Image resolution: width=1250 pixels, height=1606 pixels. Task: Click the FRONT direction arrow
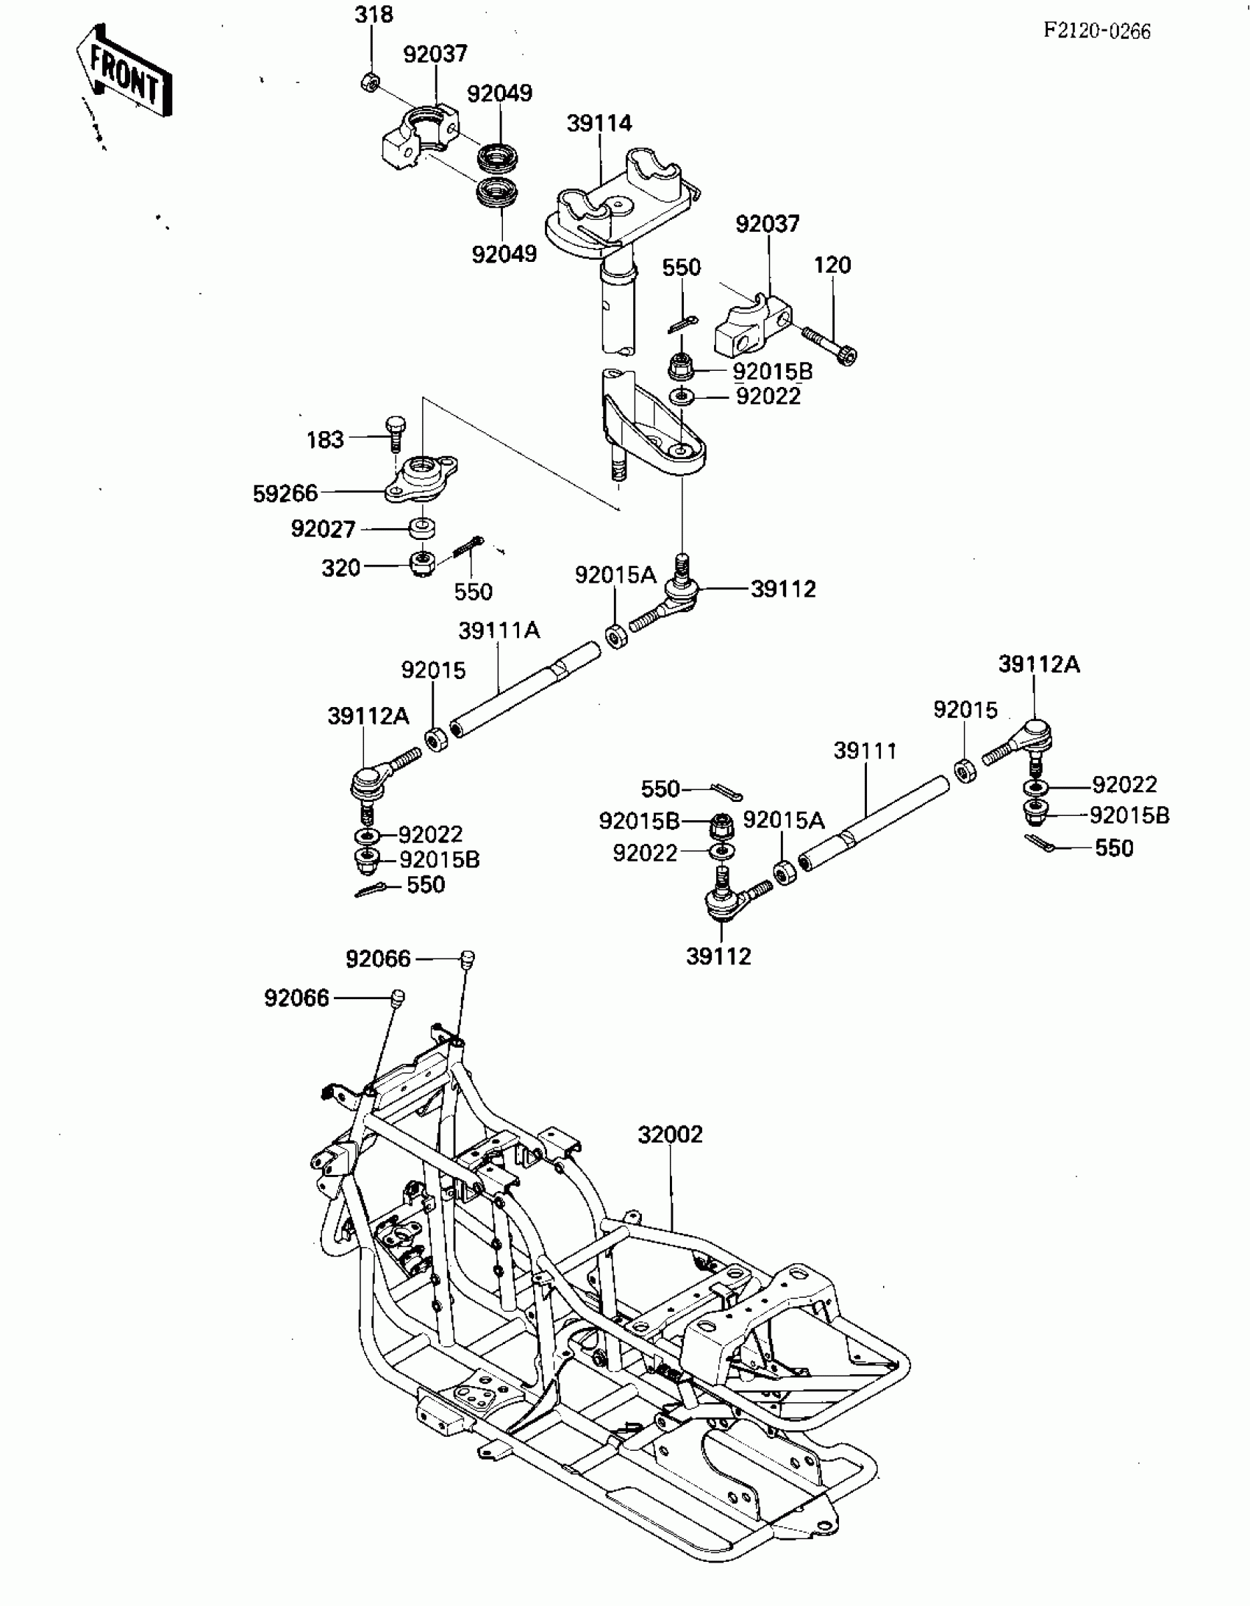125,72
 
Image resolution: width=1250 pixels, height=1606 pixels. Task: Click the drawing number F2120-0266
1097,31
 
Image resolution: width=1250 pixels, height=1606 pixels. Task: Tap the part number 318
374,15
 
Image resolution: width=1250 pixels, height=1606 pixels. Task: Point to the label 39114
599,123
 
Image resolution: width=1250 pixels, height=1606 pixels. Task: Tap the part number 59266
285,493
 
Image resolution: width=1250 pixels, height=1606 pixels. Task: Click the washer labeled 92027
422,528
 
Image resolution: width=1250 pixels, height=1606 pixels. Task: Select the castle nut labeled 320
422,565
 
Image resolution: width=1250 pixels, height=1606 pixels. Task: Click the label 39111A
499,630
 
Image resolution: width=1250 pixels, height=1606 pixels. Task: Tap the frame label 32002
670,1134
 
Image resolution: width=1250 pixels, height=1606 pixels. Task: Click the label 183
325,439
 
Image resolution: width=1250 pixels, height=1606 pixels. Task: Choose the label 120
832,265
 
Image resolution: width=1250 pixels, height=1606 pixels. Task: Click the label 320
341,568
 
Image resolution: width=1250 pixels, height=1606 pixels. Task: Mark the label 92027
323,529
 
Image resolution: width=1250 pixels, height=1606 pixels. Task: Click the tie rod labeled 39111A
526,688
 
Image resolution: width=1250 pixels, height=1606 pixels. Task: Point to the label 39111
865,751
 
